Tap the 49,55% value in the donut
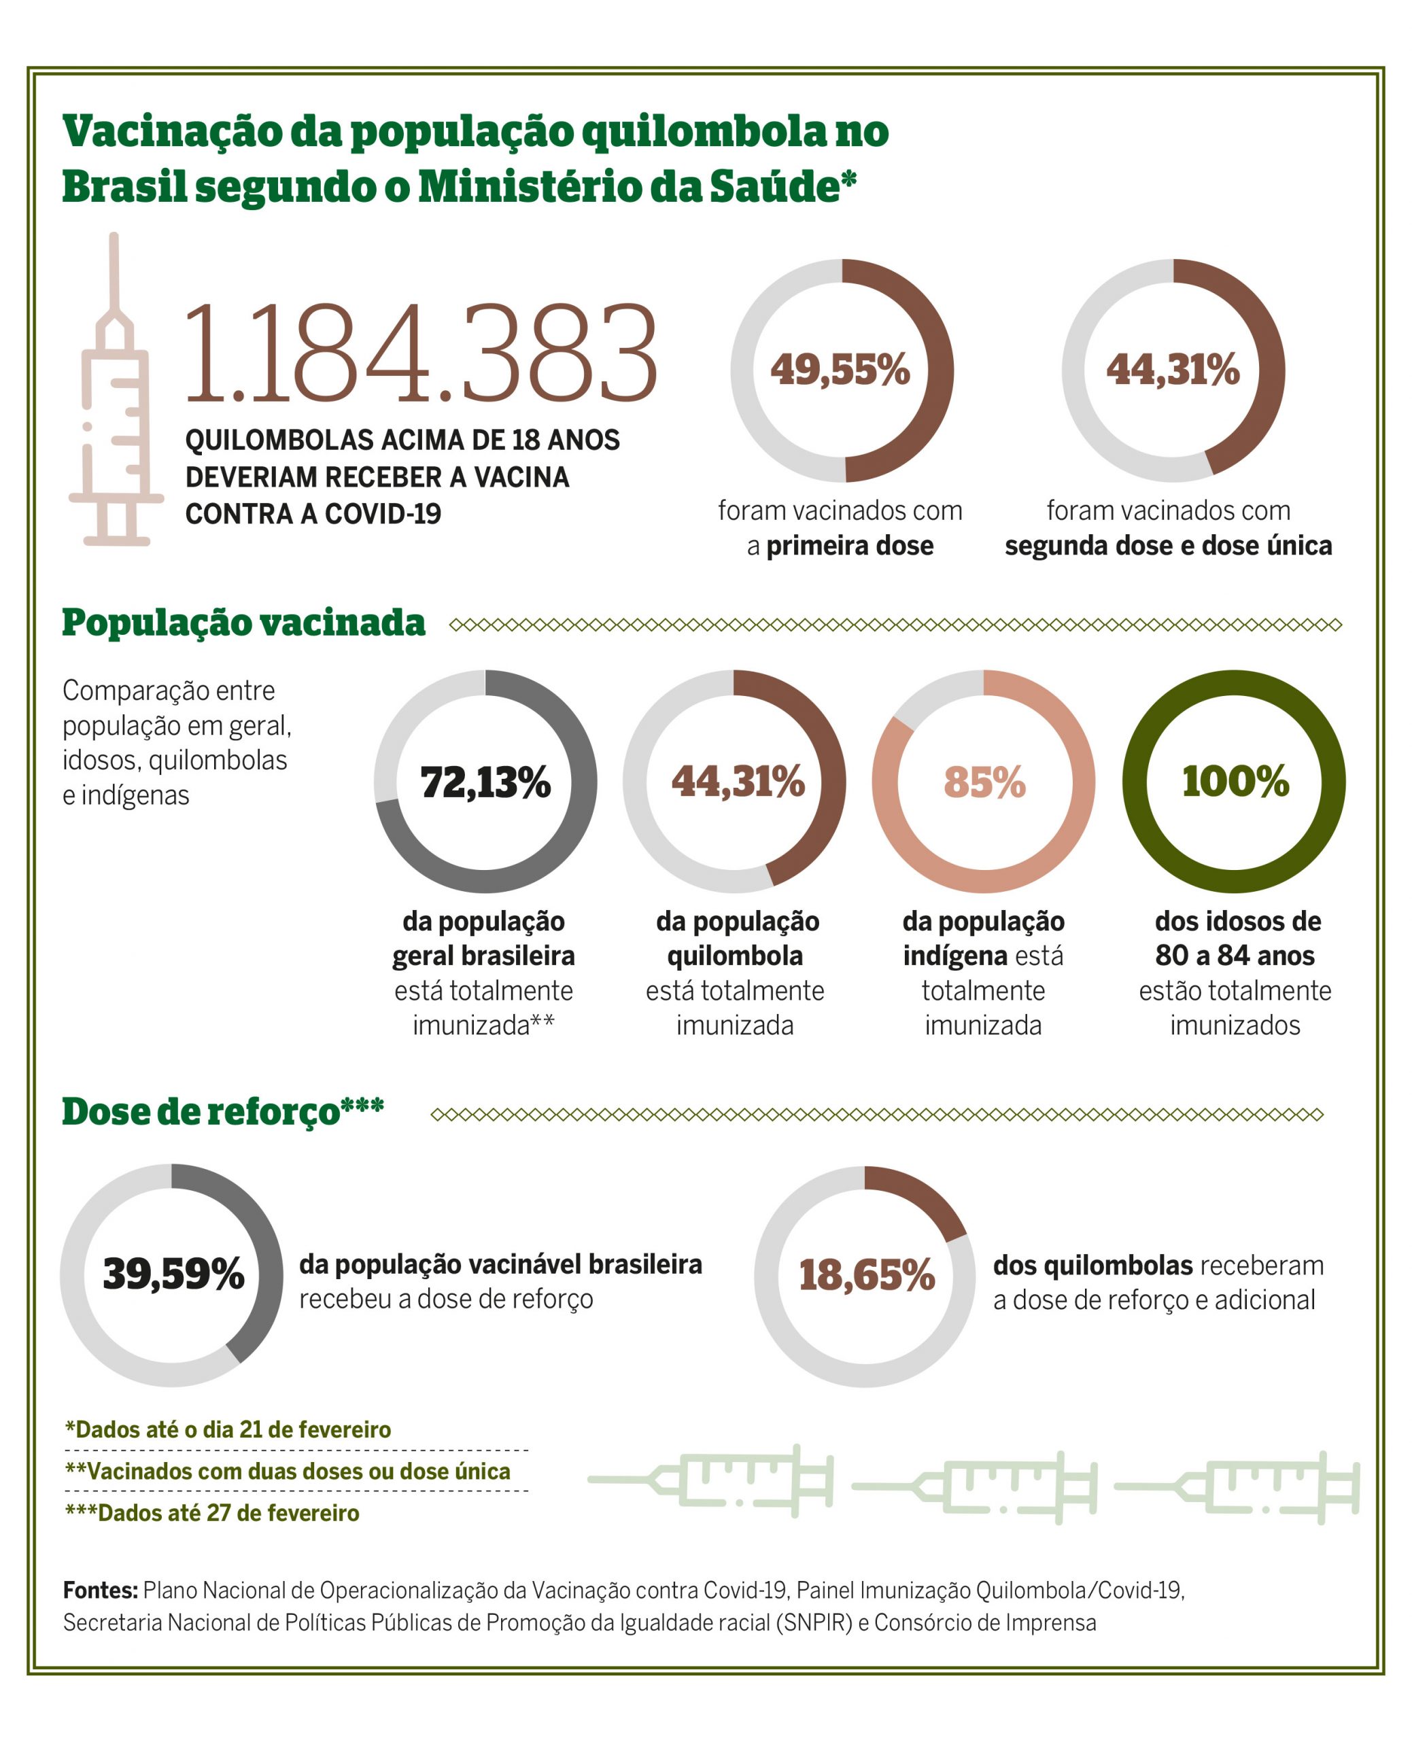click(x=840, y=370)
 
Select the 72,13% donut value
click(x=485, y=782)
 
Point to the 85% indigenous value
click(x=984, y=782)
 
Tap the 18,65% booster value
click(x=866, y=1275)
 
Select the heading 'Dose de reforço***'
click(x=223, y=1112)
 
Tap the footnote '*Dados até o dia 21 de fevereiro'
click(x=228, y=1429)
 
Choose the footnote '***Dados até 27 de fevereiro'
click(x=211, y=1513)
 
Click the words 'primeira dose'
click(x=849, y=546)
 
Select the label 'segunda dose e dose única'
click(x=1168, y=546)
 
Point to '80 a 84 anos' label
click(x=1235, y=956)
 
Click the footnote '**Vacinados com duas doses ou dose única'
click(x=288, y=1471)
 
